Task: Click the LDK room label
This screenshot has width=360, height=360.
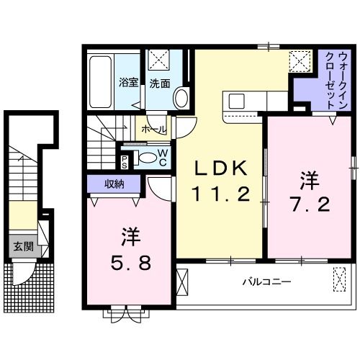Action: pyautogui.click(x=222, y=168)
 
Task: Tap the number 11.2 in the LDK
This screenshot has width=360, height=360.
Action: pyautogui.click(x=222, y=193)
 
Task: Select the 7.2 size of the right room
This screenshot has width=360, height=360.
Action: pyautogui.click(x=311, y=205)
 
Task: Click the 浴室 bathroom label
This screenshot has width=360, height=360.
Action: pyautogui.click(x=128, y=83)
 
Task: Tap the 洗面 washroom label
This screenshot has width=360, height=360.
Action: pyautogui.click(x=160, y=83)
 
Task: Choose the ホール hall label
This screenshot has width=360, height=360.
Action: pyautogui.click(x=153, y=130)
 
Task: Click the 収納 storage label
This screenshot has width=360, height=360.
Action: pyautogui.click(x=114, y=184)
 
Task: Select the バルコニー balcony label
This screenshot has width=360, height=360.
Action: pyautogui.click(x=266, y=282)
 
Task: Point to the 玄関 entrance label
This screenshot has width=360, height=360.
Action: pyautogui.click(x=22, y=246)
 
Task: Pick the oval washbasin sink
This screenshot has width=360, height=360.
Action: pyautogui.click(x=181, y=97)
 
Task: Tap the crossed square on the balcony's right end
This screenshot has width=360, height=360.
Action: pyautogui.click(x=339, y=277)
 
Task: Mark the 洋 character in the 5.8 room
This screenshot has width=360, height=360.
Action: pyautogui.click(x=130, y=235)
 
